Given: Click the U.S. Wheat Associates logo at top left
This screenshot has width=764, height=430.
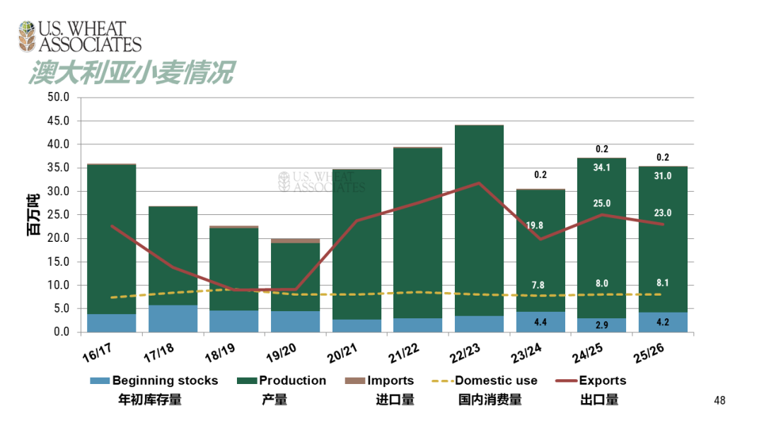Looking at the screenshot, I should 79,37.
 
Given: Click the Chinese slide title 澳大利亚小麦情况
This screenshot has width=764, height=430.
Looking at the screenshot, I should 132,73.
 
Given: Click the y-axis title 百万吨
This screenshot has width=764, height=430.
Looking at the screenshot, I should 34,214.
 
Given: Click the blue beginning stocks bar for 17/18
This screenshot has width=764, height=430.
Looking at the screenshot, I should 173,319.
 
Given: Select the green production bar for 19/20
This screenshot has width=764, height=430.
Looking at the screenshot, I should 296,276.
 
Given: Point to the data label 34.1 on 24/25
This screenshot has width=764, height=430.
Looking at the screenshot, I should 602,168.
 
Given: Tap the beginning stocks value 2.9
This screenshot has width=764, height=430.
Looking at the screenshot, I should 602,325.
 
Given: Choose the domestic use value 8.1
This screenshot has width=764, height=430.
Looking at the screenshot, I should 663,283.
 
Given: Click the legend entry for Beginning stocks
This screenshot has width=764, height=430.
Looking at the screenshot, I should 154,380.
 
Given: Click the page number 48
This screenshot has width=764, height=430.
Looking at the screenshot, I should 719,401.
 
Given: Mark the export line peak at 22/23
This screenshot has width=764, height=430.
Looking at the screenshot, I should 480,183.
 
